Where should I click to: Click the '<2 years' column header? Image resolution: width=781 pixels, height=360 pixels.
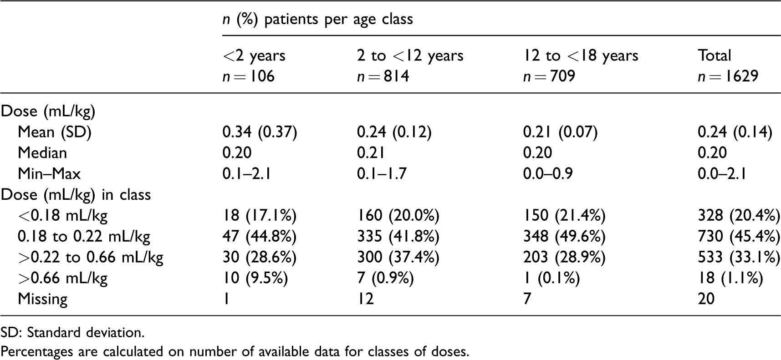point(254,56)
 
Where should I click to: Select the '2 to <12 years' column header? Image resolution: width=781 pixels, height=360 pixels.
point(410,56)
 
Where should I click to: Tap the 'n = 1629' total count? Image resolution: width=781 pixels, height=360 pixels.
point(728,76)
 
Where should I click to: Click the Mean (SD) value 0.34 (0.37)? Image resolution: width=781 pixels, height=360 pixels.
point(260,132)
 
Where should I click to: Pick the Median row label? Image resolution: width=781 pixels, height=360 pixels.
point(42,152)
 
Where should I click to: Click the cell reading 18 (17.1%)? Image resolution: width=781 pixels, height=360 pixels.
point(260,215)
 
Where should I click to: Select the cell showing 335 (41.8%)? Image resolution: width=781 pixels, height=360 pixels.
point(398,236)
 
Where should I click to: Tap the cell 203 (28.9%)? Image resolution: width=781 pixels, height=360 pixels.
point(564,257)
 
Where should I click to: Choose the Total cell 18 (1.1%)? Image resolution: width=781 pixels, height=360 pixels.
point(730,278)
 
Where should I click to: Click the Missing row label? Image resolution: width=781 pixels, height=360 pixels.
point(42,299)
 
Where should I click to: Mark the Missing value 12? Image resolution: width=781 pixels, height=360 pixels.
point(365,299)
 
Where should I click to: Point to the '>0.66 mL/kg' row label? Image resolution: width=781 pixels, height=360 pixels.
point(63,278)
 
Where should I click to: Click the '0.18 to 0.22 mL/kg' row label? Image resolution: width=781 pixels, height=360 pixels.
point(84,236)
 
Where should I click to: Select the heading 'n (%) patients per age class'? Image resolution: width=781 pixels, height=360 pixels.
point(318,19)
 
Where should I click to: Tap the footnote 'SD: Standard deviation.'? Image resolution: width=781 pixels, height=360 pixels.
point(72,333)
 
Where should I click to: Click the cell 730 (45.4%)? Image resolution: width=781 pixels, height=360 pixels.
point(739,236)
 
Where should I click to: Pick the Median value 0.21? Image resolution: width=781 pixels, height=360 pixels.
point(371,152)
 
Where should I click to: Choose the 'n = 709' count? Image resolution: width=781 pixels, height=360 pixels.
point(549,76)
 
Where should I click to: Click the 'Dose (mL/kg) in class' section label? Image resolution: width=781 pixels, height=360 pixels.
point(76,194)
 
